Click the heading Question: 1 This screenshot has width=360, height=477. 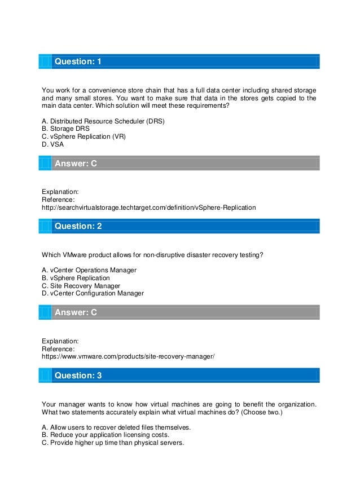(77, 61)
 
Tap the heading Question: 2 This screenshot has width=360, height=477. (77, 226)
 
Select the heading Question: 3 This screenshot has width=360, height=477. (77, 375)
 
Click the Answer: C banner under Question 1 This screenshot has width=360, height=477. (75, 164)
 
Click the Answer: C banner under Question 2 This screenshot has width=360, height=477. (75, 313)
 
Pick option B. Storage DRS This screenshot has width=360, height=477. (67, 129)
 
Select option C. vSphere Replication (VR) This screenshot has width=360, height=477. (84, 136)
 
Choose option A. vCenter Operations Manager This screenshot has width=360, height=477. (89, 270)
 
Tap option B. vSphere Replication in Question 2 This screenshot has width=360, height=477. (76, 278)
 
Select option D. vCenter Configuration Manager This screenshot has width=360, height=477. (93, 293)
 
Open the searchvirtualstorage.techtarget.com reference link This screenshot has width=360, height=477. (149, 207)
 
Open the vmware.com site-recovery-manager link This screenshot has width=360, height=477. (129, 356)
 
